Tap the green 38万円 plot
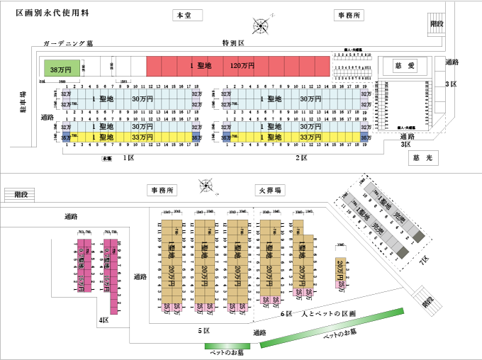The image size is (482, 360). point(62,69)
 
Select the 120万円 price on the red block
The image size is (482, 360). point(242,66)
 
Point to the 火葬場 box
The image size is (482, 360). point(269,191)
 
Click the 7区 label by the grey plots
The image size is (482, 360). point(424,261)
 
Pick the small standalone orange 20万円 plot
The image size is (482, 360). point(342,273)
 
